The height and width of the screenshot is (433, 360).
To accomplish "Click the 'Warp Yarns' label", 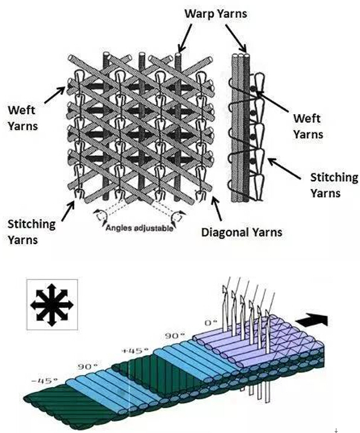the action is click(216, 13).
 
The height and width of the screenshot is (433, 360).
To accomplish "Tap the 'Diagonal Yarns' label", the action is click(242, 233).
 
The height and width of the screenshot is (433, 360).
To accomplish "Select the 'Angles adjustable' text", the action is click(140, 228).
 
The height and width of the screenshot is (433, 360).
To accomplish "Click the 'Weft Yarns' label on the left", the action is click(23, 118).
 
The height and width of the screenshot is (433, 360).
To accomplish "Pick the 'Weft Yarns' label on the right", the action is click(308, 126).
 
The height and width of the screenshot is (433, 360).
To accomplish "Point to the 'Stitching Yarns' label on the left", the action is click(31, 231).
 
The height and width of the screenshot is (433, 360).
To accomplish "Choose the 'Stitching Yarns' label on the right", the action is click(334, 185).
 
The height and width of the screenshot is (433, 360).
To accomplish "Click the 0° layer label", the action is click(211, 322).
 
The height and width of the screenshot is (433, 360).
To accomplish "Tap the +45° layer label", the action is click(135, 351).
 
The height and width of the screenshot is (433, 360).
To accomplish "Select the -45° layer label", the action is click(45, 381).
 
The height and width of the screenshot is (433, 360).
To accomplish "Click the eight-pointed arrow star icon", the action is click(52, 305).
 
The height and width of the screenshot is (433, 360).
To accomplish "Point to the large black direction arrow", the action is click(312, 321).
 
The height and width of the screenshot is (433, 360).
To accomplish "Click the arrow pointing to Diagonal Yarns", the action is click(216, 208).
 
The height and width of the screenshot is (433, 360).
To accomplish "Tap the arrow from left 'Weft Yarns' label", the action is click(54, 95).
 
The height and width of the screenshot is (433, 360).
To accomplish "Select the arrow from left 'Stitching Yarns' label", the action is click(68, 211).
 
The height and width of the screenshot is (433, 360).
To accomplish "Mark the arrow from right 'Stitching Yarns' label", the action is click(284, 168).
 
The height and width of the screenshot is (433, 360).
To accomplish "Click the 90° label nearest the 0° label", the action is click(175, 336).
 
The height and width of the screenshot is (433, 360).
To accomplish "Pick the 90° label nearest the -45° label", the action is click(88, 367).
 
